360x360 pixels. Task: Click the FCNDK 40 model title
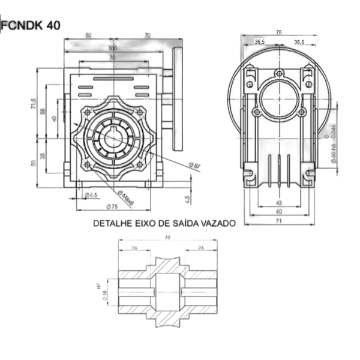tap(31, 26)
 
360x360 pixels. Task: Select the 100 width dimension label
tap(112, 48)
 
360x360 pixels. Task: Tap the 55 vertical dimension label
tap(43, 112)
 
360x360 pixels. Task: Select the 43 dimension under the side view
tap(278, 203)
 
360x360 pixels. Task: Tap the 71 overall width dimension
tap(278, 221)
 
